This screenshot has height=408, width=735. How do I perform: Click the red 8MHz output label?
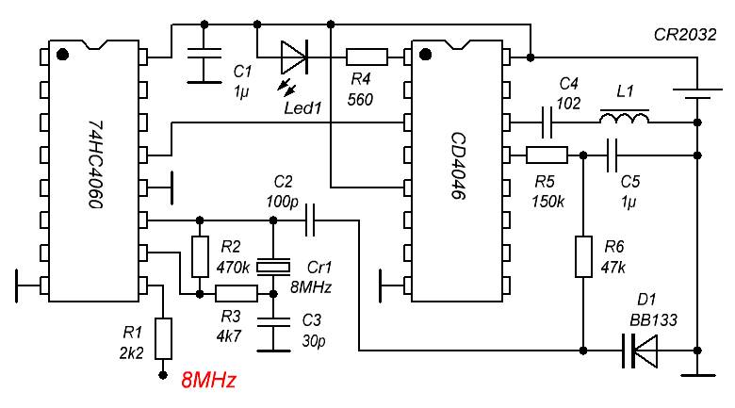tap(208, 380)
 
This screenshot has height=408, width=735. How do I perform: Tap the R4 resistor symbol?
tap(367, 57)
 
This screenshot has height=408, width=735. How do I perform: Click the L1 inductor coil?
tap(625, 117)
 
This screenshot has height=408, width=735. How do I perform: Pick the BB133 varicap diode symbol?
tap(641, 351)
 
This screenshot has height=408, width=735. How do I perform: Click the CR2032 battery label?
tap(685, 35)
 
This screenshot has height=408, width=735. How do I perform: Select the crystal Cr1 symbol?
tap(273, 268)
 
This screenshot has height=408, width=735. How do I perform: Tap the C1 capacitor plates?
tap(204, 53)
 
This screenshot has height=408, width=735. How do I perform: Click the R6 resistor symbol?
tap(583, 256)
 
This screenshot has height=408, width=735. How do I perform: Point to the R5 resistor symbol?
tap(547, 155)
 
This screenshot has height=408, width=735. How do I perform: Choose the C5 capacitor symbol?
tap(612, 155)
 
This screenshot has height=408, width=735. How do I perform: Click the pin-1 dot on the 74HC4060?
tap(62, 55)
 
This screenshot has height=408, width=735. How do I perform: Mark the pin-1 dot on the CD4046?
tap(425, 55)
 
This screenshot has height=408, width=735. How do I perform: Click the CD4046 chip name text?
tap(459, 166)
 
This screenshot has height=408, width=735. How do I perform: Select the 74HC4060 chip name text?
tap(96, 164)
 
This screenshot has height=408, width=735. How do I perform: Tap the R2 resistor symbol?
tap(200, 257)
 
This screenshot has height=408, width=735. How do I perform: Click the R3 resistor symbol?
tap(237, 294)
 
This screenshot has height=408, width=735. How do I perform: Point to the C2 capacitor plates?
tap(310, 220)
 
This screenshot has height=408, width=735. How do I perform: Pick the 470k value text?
tap(233, 268)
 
